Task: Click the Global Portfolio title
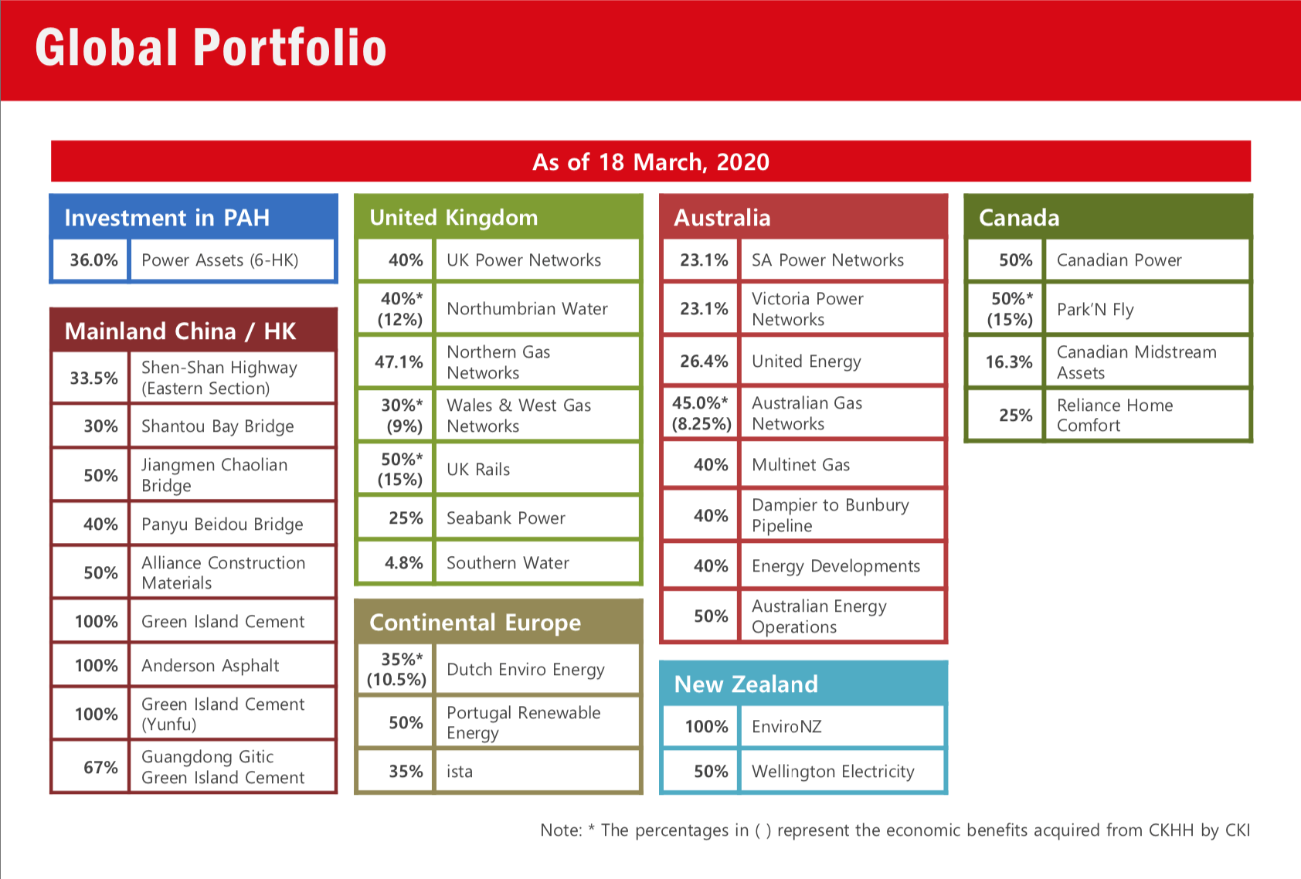[210, 48]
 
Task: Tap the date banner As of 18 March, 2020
[650, 162]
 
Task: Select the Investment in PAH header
[167, 218]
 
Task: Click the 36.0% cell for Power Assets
[93, 260]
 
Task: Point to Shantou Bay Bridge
[218, 426]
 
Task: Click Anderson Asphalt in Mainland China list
[210, 666]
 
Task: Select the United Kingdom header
[453, 218]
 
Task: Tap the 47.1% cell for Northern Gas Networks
[399, 361]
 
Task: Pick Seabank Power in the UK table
[506, 518]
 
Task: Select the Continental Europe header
[475, 623]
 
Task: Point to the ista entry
[460, 772]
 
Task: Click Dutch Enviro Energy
[525, 670]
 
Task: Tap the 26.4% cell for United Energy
[704, 361]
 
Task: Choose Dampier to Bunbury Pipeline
[830, 515]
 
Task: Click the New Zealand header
[746, 684]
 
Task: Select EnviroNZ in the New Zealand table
[786, 727]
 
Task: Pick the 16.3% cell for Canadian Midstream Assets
[1008, 361]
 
